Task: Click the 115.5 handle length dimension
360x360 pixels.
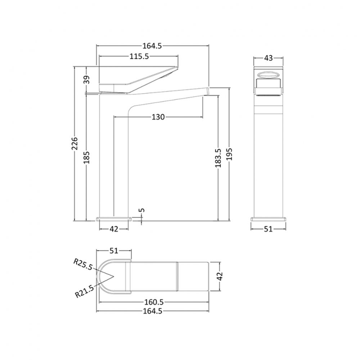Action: click(139, 56)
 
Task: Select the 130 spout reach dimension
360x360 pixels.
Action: click(158, 117)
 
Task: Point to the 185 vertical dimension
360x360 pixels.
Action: click(87, 158)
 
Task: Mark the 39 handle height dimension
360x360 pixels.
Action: click(87, 80)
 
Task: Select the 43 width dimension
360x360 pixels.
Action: click(268, 58)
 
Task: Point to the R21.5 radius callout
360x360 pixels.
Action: click(84, 290)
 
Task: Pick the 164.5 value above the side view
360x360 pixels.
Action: click(153, 45)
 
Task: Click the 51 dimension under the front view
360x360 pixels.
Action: click(268, 229)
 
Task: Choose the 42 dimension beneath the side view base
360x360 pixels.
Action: click(114, 229)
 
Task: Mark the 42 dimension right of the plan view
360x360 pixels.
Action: click(220, 276)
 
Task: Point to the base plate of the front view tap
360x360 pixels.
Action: click(268, 219)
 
